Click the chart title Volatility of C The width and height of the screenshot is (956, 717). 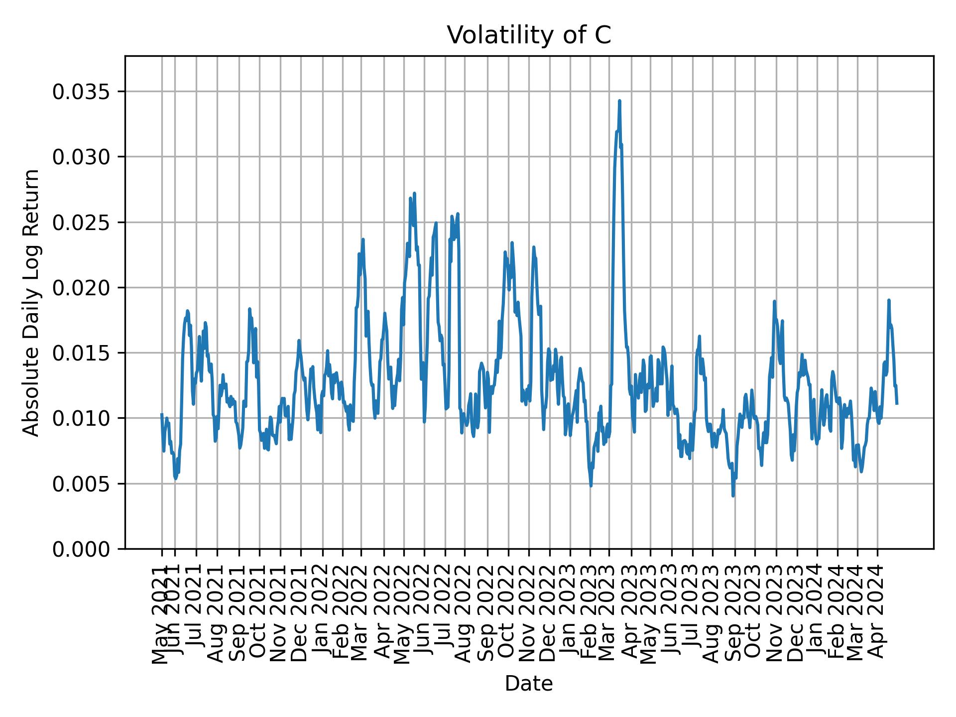528,36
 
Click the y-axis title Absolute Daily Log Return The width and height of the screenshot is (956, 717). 31,302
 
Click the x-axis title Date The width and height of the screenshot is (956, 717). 528,684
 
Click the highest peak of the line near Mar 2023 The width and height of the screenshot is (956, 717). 619,101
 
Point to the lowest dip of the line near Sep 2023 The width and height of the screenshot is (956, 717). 733,495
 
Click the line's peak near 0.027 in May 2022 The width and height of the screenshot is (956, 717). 414,193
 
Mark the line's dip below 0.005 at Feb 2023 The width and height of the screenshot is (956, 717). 591,485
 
